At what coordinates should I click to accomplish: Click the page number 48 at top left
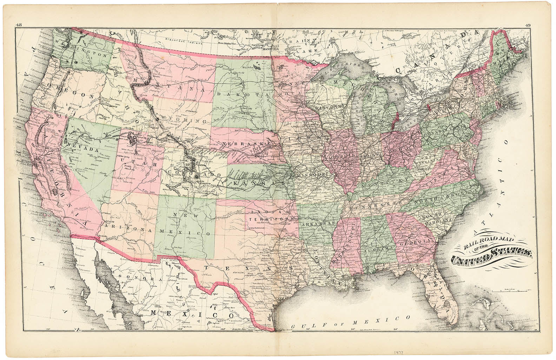18,25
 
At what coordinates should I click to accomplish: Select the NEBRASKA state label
244,144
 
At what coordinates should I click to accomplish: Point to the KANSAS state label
259,184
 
